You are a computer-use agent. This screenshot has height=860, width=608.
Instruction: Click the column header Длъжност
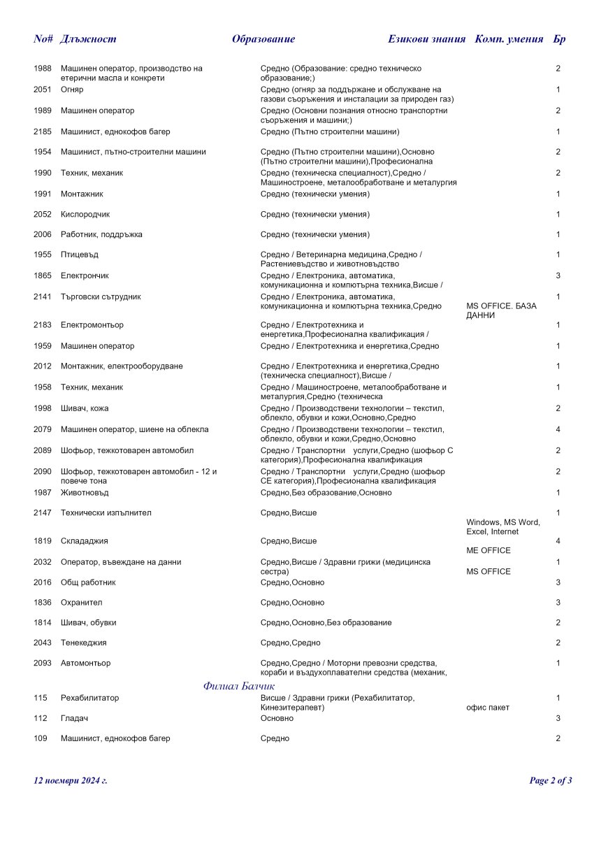(x=88, y=39)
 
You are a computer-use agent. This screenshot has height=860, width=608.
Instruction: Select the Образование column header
(x=263, y=39)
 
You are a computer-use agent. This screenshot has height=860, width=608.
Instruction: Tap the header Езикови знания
(x=426, y=39)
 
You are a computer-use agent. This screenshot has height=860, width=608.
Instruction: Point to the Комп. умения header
(x=509, y=39)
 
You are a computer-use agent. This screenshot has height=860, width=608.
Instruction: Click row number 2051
(x=43, y=89)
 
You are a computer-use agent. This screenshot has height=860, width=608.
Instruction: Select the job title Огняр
(x=72, y=89)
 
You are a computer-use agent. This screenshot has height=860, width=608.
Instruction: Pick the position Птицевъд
(x=79, y=255)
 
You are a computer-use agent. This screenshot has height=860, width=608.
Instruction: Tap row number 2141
(x=43, y=296)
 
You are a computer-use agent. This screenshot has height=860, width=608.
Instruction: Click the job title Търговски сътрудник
(x=101, y=296)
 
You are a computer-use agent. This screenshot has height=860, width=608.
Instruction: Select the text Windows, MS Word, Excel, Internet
(x=502, y=527)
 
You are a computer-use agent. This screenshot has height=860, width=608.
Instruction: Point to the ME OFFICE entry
(x=488, y=550)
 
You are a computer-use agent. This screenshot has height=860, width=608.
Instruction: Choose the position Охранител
(x=81, y=602)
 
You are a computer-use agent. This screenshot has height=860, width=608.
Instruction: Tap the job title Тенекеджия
(x=83, y=643)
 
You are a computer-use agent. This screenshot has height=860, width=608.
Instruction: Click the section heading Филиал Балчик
(x=239, y=686)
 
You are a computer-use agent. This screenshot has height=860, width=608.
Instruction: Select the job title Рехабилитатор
(x=89, y=698)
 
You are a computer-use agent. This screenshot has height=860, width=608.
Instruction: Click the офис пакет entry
(x=487, y=708)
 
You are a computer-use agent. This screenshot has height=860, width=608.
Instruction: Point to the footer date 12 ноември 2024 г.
(x=71, y=780)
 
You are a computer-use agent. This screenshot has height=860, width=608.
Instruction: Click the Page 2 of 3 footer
(x=551, y=780)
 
